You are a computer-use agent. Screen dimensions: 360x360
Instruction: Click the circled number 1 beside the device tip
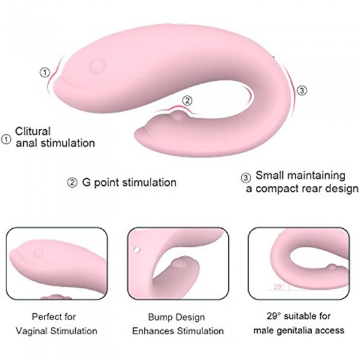coord(45,73)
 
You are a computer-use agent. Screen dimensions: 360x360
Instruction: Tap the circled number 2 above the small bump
coord(187,100)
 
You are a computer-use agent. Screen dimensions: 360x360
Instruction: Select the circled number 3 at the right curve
coord(302,91)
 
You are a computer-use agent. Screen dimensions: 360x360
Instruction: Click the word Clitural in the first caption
coord(33,132)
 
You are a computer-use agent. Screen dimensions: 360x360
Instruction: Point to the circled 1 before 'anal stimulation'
coord(6,139)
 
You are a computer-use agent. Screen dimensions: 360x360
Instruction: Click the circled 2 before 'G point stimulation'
coord(72,183)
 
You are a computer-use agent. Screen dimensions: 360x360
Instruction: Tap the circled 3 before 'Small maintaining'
coord(246,177)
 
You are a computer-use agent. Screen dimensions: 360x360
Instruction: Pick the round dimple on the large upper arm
coord(97,66)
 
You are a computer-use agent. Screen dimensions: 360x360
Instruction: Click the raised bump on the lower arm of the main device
coord(178,116)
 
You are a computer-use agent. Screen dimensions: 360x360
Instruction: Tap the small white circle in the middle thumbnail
coord(137,249)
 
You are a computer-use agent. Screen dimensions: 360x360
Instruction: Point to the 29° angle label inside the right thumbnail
coord(279,287)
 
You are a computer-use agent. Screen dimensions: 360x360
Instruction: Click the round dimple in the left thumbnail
coord(39,253)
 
